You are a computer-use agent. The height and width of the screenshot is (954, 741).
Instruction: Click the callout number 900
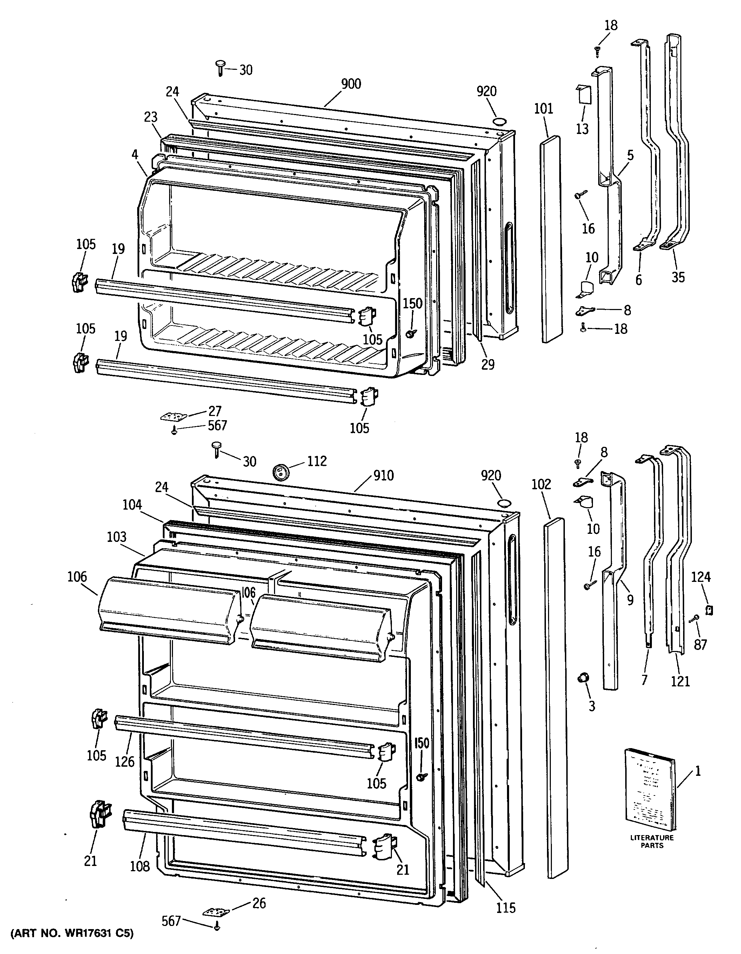pyautogui.click(x=351, y=84)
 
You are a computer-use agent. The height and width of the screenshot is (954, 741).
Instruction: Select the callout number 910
pyautogui.click(x=383, y=475)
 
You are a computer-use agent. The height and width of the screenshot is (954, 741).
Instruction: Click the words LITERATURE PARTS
pyautogui.click(x=652, y=841)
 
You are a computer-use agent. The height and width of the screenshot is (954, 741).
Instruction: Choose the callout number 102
pyautogui.click(x=541, y=484)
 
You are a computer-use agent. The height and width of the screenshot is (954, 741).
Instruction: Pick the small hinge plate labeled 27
pyautogui.click(x=173, y=416)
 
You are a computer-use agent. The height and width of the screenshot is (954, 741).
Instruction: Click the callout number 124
pyautogui.click(x=701, y=577)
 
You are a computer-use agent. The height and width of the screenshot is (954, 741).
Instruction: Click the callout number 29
pyautogui.click(x=488, y=364)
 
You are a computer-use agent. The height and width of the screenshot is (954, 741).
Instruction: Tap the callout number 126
pyautogui.click(x=125, y=761)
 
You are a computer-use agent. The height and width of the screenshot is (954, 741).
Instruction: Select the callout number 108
pyautogui.click(x=140, y=866)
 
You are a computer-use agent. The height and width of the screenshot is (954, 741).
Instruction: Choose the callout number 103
pyautogui.click(x=116, y=537)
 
